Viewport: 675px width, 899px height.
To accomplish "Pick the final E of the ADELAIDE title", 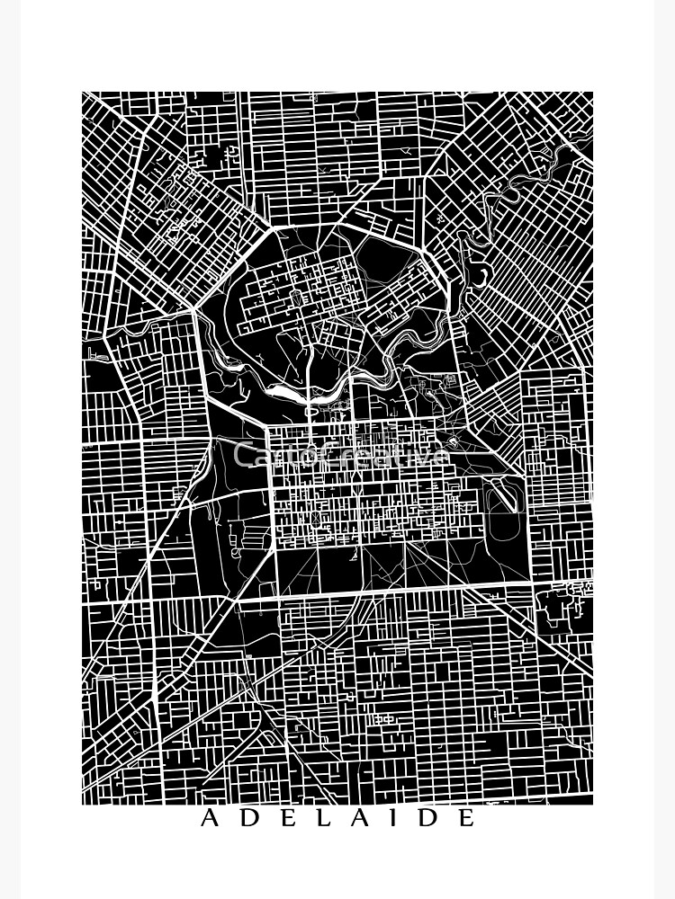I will (x=465, y=818).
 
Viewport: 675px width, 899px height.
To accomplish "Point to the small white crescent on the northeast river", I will (x=483, y=271).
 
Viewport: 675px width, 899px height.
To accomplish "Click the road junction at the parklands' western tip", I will (x=194, y=310).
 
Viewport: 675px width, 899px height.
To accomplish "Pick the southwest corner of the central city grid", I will (x=274, y=547).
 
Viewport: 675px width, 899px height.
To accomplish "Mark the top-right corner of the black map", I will (x=592, y=93).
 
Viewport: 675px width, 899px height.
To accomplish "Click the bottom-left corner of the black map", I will (x=83, y=803).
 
